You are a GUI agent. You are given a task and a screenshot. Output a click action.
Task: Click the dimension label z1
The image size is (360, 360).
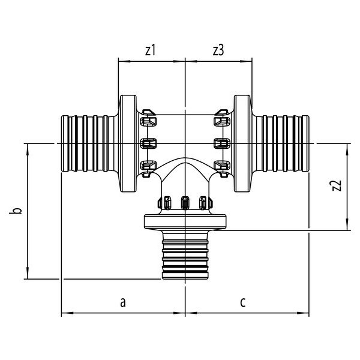pos(150,51)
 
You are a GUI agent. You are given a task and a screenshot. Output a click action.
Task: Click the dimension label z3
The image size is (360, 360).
pos(218,51)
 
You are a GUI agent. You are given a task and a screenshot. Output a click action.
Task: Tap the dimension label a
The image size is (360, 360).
pos(122,302)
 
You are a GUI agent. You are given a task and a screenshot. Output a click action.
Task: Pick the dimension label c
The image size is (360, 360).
pos(242,302)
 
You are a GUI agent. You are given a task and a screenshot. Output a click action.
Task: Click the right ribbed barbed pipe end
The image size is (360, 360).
pos(284,143)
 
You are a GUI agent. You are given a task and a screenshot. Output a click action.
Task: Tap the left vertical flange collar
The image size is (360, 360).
pos(128,143)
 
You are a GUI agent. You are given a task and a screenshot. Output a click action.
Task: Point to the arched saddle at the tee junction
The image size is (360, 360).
pos(185,174)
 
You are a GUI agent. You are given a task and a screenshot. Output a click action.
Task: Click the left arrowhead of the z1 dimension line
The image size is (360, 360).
pos(121,61)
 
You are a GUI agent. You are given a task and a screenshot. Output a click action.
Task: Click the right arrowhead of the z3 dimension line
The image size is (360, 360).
pos(250,61)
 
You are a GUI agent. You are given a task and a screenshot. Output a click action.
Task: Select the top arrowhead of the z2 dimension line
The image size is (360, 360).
pos(347,146)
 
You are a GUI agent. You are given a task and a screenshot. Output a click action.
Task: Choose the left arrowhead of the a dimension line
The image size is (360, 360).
pos(65,313)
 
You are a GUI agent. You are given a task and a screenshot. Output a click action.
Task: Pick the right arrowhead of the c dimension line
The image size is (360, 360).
pos(307,313)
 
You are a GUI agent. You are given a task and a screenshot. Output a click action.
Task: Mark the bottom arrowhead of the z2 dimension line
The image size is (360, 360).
pos(347,226)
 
